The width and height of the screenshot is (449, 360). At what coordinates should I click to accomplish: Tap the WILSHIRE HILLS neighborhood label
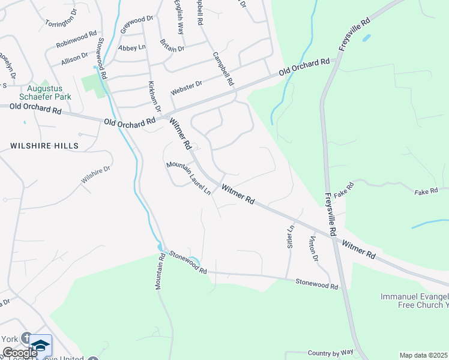[x=44, y=146]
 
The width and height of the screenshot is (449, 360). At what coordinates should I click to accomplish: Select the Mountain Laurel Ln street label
[x=188, y=178]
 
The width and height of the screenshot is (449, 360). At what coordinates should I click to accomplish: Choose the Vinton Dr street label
[x=312, y=249]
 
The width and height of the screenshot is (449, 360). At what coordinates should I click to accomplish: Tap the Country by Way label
[x=330, y=353]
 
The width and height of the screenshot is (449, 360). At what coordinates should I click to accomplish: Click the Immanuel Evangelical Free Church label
[x=415, y=301]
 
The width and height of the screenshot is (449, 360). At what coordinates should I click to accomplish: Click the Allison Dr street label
[x=74, y=59]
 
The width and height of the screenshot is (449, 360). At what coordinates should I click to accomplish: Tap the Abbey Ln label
[x=132, y=47]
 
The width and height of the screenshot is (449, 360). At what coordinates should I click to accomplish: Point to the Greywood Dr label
[x=137, y=24]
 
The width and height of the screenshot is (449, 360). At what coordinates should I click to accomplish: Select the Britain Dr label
[x=172, y=45]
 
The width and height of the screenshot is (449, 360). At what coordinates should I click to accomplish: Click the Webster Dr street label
[x=187, y=88]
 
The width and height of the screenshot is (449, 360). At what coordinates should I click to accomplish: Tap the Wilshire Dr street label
[x=96, y=175]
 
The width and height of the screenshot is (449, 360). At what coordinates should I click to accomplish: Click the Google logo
[x=20, y=352]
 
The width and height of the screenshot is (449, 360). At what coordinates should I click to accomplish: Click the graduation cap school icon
[x=41, y=345]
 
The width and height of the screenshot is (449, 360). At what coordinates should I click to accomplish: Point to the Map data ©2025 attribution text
[x=423, y=355]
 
